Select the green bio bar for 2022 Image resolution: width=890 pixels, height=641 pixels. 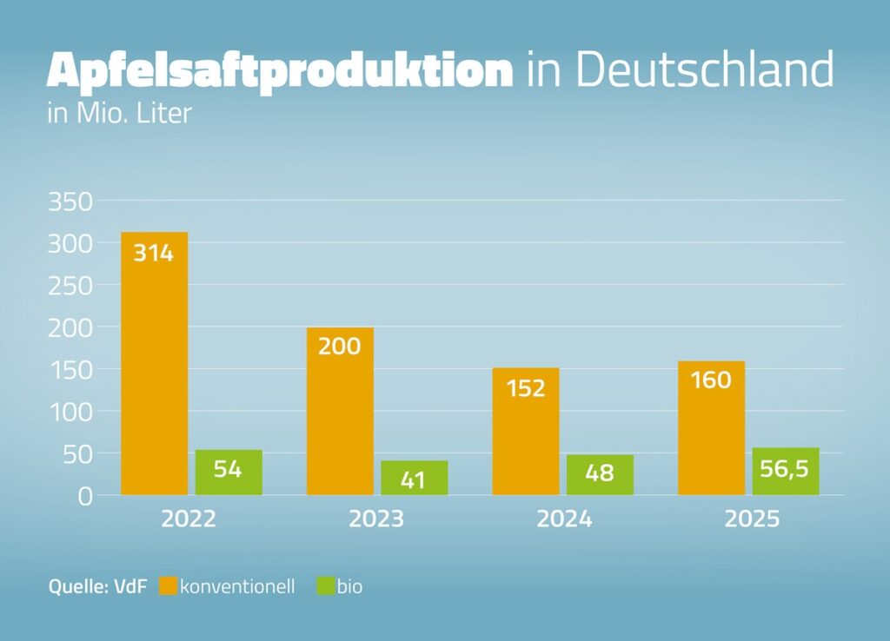click(229, 472)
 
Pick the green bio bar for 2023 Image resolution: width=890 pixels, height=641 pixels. click(415, 478)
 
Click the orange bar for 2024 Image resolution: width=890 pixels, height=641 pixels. click(526, 431)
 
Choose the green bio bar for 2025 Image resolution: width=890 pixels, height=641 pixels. click(786, 472)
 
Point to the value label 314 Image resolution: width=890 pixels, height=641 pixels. click(154, 254)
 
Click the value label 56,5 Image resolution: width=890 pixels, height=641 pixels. click(786, 470)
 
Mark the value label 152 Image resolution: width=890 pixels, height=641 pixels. click(526, 387)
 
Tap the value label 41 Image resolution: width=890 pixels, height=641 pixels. click(415, 479)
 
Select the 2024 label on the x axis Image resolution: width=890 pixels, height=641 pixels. click(564, 519)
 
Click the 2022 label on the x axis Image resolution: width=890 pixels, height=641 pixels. click(189, 519)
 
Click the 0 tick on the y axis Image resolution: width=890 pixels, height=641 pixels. click(85, 496)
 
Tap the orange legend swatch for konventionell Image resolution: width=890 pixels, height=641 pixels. click(168, 587)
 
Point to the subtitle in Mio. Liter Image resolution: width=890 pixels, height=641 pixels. click(118, 114)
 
